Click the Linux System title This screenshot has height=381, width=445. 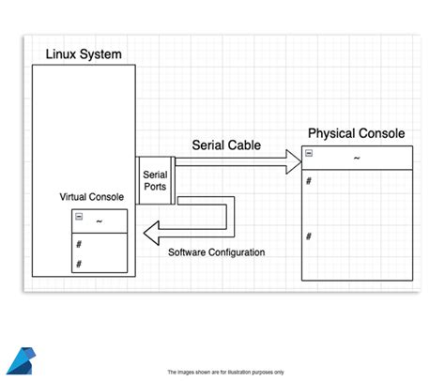(84, 54)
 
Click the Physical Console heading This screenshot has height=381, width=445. (357, 133)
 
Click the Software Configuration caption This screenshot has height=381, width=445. (216, 252)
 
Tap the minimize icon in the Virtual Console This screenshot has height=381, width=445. (79, 217)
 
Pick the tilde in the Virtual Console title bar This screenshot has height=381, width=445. (100, 220)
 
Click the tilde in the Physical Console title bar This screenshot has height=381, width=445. (357, 158)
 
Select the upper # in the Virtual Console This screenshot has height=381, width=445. (79, 244)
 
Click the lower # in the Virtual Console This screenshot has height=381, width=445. (79, 264)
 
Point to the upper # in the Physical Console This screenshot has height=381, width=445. (309, 180)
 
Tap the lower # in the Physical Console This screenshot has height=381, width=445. (309, 236)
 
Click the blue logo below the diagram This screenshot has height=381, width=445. (20, 361)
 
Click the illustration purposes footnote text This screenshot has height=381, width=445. (225, 373)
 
